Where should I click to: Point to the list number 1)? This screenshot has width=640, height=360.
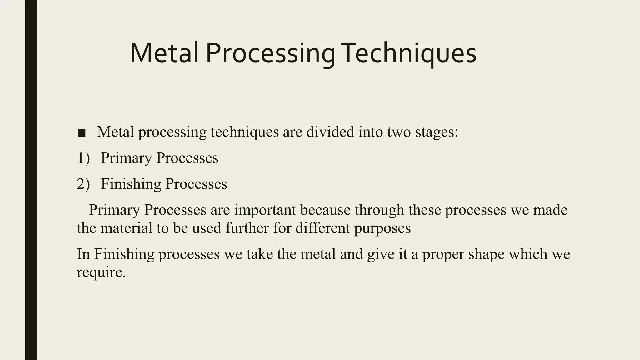tap(83, 158)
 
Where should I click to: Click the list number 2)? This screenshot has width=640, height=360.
tap(83, 184)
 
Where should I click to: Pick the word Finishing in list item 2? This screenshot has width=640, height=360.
tap(131, 184)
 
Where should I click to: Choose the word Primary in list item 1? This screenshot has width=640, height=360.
tap(126, 158)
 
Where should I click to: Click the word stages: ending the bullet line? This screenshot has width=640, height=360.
tap(437, 132)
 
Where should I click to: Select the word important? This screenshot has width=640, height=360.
tap(265, 210)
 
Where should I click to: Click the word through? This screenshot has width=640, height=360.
tap(379, 210)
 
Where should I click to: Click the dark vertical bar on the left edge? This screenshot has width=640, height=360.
tap(31, 180)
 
